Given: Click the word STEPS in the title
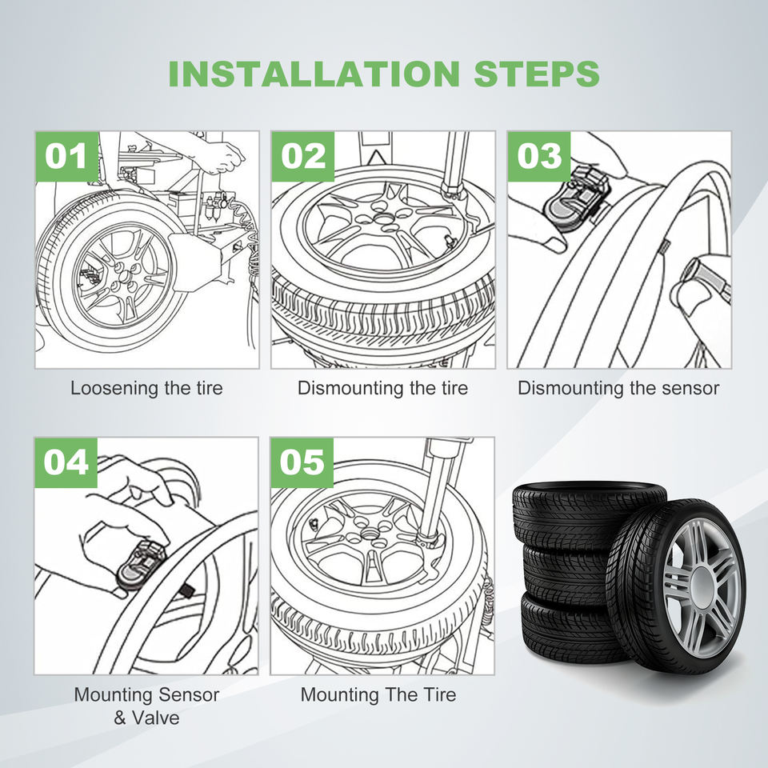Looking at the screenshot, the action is [x=536, y=73].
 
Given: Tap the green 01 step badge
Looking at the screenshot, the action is [x=66, y=157].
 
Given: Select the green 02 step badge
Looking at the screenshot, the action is [x=302, y=157].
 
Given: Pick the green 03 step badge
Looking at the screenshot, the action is [x=538, y=157].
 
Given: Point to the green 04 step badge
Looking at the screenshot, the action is [x=66, y=462].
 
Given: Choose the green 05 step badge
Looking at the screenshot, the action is [x=302, y=462].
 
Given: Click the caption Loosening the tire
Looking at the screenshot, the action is [x=146, y=389].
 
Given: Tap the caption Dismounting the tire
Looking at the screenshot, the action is [x=382, y=389].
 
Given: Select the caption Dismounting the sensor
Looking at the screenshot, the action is [x=618, y=389].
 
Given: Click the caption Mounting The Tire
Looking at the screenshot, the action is [x=378, y=694].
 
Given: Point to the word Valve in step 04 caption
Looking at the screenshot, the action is [x=157, y=718].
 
